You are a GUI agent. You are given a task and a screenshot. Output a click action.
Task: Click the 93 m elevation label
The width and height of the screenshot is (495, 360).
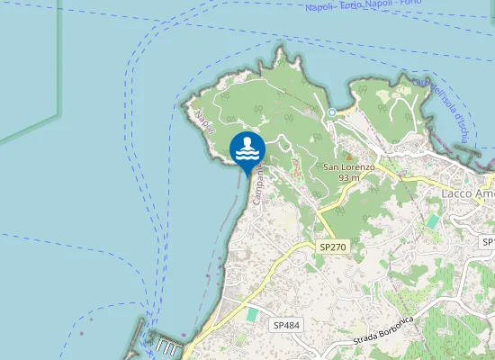(349, 178)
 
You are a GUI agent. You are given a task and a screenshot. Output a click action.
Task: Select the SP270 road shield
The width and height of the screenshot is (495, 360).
(332, 246)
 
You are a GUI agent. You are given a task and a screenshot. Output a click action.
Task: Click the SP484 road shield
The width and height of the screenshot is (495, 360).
(285, 322)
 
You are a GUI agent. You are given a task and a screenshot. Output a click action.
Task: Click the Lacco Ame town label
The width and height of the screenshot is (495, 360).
(467, 193)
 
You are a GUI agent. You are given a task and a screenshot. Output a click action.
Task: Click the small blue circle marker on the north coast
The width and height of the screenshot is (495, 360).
(331, 112)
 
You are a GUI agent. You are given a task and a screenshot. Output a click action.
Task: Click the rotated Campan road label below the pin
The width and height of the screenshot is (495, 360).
(257, 184)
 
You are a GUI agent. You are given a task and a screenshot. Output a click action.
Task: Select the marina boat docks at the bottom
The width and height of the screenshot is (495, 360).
(168, 346)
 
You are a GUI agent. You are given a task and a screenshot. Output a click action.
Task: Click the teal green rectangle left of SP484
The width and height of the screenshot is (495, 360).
(253, 315)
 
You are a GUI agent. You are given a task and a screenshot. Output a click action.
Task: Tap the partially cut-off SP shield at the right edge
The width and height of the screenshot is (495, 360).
(489, 242)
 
